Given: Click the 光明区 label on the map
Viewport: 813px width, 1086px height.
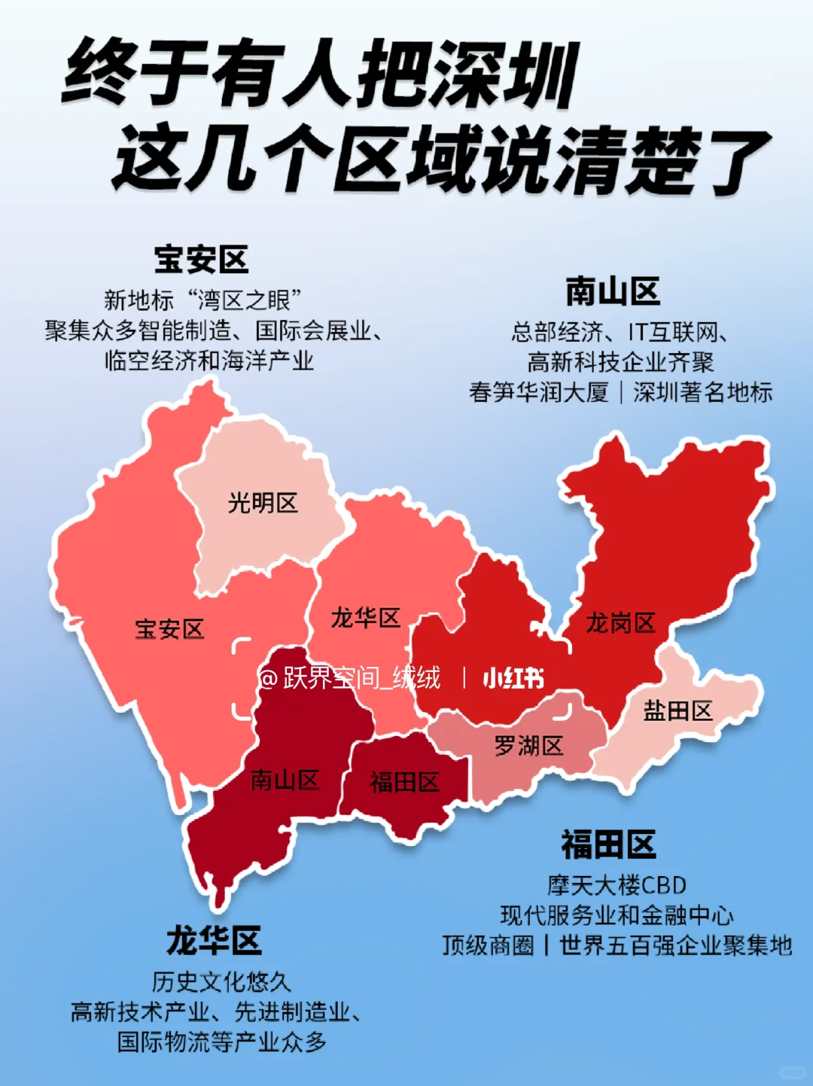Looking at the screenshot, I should tap(263, 503).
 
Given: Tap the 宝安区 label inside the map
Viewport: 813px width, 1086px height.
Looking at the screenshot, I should tap(169, 629).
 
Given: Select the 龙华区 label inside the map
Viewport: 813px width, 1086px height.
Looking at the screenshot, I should tap(366, 619).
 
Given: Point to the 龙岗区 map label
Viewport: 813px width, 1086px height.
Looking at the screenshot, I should tap(620, 623).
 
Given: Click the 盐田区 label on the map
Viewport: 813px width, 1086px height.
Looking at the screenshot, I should tap(677, 710).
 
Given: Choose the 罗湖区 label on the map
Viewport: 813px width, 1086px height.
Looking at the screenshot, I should tap(528, 747).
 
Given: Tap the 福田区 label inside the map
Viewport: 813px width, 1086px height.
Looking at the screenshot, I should tap(404, 783).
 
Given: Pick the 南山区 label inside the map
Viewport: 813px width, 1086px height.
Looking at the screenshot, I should tap(285, 780).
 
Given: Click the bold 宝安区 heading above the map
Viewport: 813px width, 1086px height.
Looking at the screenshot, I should tap(201, 260).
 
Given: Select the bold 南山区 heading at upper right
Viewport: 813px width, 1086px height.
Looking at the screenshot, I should tap(613, 291).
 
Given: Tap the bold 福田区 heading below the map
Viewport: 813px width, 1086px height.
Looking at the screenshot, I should tap(608, 844).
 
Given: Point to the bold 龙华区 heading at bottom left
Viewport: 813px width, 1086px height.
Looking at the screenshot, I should tap(214, 941).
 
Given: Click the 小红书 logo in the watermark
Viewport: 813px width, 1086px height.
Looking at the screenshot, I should tap(513, 679).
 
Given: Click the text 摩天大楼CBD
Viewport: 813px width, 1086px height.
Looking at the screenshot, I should tap(617, 885).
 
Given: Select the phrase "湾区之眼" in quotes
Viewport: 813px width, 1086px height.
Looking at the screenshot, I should tap(244, 300).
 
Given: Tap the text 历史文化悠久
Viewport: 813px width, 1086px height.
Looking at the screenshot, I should tap(221, 982).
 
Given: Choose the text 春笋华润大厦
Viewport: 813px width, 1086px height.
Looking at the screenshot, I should tap(538, 392).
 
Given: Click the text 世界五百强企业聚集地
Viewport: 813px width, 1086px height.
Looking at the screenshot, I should tap(675, 945).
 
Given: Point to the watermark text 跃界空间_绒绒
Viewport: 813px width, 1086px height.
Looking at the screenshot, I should tap(361, 679).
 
